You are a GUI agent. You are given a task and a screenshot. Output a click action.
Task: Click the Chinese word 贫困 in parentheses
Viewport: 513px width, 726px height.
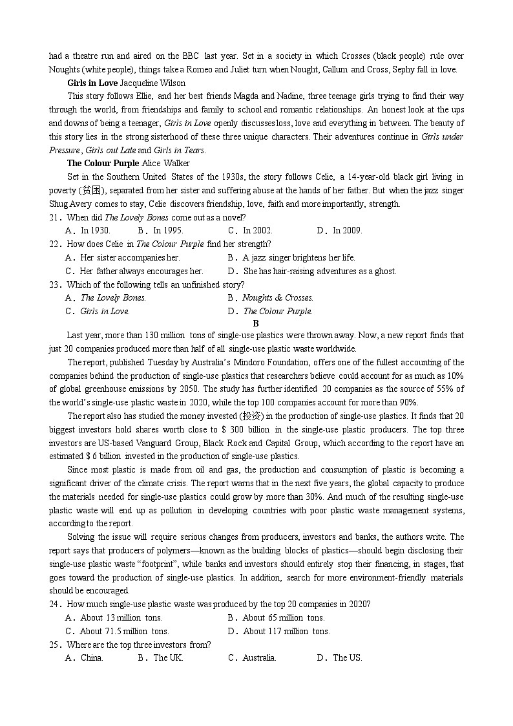coord(88,190)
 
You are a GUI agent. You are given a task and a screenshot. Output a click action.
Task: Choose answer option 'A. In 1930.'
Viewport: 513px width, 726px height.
coord(88,230)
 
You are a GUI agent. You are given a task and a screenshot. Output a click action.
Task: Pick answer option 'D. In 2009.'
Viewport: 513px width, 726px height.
coord(339,230)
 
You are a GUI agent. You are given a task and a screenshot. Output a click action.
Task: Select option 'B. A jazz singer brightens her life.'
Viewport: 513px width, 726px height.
coord(291,257)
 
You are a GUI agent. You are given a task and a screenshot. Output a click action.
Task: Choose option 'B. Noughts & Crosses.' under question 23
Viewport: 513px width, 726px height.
coord(271,297)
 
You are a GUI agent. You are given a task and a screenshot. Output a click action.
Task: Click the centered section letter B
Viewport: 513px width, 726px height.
coord(256,323)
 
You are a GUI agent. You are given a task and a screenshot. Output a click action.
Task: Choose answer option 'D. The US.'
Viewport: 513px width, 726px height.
coord(339,657)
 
